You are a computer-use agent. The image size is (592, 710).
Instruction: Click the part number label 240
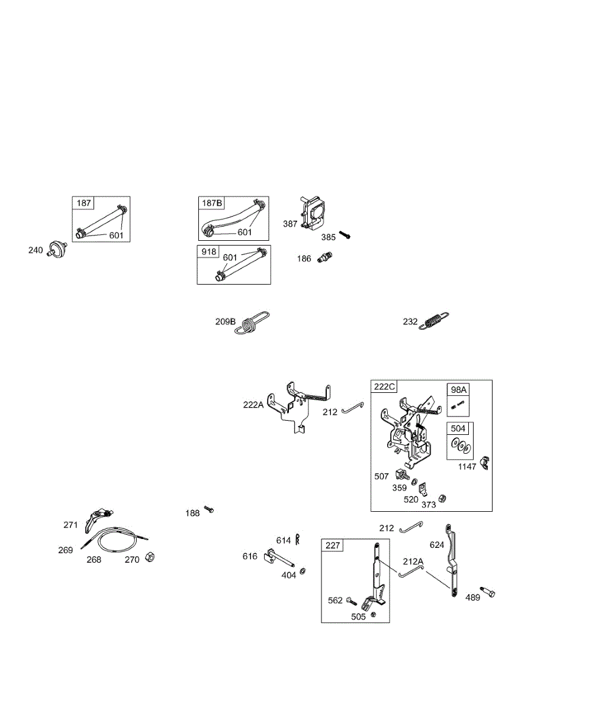click(x=36, y=250)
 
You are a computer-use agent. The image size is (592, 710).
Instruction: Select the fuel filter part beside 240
click(x=57, y=248)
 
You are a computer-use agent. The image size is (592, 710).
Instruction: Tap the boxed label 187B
click(x=211, y=203)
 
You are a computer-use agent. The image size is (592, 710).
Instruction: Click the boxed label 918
click(x=208, y=251)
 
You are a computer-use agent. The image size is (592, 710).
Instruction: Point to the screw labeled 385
click(x=345, y=235)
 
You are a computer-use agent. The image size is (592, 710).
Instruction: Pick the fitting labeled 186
click(x=324, y=257)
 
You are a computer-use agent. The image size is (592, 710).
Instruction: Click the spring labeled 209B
click(x=252, y=322)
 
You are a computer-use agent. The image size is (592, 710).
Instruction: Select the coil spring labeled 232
click(x=434, y=320)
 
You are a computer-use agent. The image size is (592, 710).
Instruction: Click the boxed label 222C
click(x=384, y=386)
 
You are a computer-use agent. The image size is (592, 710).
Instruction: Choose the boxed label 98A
click(x=458, y=390)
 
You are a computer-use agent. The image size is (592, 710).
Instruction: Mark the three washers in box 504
click(x=461, y=446)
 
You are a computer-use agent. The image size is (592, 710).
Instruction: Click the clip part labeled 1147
click(x=484, y=463)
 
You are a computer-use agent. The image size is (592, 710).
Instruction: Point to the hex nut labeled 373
click(x=442, y=499)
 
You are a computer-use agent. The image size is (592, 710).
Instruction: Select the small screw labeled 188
click(x=209, y=509)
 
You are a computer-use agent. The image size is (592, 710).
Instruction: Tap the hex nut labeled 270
click(x=150, y=557)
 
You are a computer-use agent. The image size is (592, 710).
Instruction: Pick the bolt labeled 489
click(x=488, y=592)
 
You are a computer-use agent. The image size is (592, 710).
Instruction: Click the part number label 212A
click(x=413, y=561)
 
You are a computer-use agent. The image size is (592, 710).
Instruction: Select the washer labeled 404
click(x=303, y=571)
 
